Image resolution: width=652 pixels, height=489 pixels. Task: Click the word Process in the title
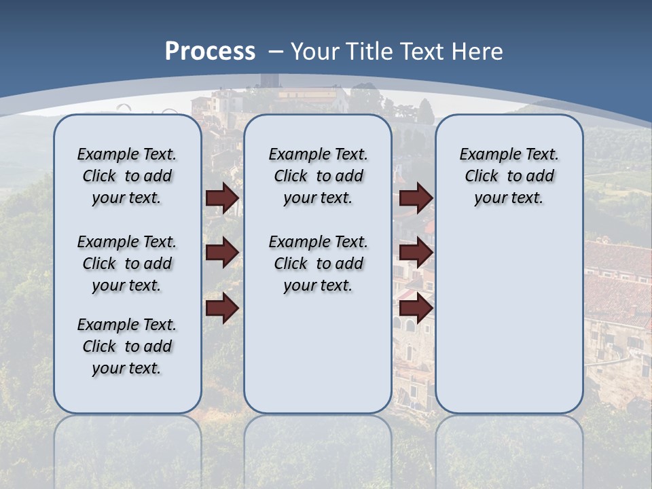(x=210, y=52)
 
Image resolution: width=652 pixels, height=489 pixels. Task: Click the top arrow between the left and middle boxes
(x=222, y=198)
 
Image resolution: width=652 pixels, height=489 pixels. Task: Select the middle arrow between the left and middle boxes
(x=222, y=253)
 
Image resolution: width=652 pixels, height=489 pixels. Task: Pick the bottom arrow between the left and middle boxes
(x=222, y=308)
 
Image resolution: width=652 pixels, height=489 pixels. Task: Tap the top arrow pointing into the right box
(x=416, y=198)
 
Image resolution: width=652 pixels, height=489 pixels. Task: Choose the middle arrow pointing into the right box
(x=416, y=253)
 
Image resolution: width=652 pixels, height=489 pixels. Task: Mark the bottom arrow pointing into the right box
(x=416, y=308)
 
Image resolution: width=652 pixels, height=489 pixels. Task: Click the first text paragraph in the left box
(x=127, y=176)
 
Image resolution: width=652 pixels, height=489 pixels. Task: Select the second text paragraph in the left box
(x=127, y=264)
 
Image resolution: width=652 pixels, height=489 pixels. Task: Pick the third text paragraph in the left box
(x=127, y=346)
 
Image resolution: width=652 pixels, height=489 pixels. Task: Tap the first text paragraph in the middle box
(x=318, y=176)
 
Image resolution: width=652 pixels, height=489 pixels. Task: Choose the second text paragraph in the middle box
(x=318, y=264)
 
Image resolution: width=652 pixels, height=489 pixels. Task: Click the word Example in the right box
(x=485, y=155)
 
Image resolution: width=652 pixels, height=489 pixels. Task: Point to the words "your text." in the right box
(x=509, y=198)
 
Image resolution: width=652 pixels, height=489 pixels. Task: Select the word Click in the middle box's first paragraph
(x=291, y=177)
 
